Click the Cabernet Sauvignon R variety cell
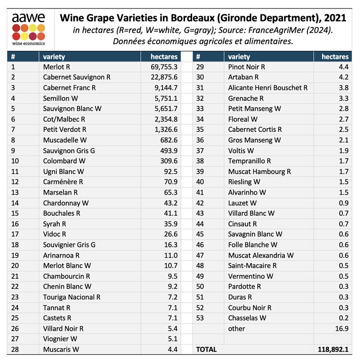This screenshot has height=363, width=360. [76, 77]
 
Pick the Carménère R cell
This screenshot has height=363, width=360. [63, 182]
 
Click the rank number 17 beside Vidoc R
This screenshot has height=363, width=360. [14, 234]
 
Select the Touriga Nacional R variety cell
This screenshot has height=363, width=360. [72, 297]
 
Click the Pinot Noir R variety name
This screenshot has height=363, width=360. [247, 67]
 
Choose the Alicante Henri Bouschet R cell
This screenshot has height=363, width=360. [268, 88]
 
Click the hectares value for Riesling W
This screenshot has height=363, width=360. [343, 182]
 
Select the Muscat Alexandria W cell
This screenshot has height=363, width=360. [261, 255]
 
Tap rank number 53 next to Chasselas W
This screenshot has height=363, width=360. [201, 318]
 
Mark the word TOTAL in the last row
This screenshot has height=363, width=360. [207, 349]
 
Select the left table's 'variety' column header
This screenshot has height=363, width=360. [54, 57]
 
